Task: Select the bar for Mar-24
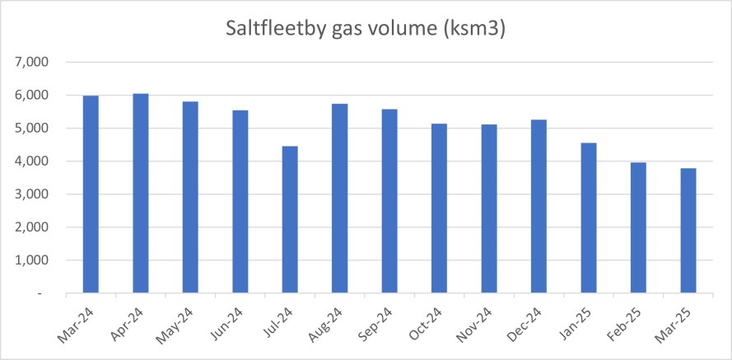tap(90, 194)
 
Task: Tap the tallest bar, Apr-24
tap(141, 194)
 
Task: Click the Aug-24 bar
tap(340, 199)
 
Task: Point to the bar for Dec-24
tap(539, 207)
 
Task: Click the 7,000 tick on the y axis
tap(34, 63)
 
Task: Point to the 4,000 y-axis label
tap(34, 161)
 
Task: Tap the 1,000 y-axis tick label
tap(34, 260)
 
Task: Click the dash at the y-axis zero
tap(48, 294)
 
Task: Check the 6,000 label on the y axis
tap(34, 96)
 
